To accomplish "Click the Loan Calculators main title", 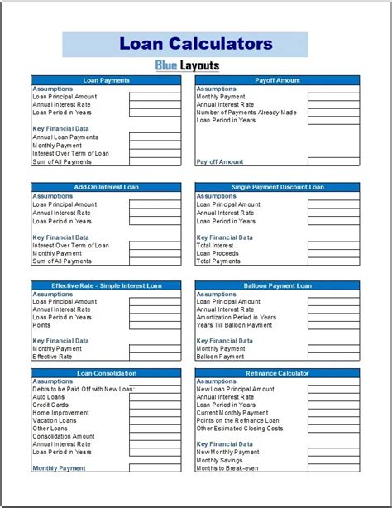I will (195, 43).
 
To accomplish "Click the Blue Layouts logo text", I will (187, 65).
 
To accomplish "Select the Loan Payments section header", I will (106, 80).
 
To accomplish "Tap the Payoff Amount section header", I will (277, 80).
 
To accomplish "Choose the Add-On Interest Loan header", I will (106, 187).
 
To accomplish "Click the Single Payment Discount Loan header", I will (277, 187).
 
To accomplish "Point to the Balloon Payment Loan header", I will (277, 285).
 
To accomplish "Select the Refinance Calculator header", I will (277, 373).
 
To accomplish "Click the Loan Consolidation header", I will (106, 373).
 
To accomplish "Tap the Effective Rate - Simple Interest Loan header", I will (106, 285).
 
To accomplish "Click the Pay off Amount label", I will (219, 161).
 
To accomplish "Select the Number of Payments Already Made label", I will (246, 113).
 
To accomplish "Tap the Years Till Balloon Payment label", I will (234, 325).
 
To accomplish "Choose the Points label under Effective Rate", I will (41, 325).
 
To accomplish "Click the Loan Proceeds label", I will (218, 253).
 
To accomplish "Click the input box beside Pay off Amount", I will (333, 161).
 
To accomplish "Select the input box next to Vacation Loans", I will (155, 420).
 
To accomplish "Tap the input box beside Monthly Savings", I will (333, 460).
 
